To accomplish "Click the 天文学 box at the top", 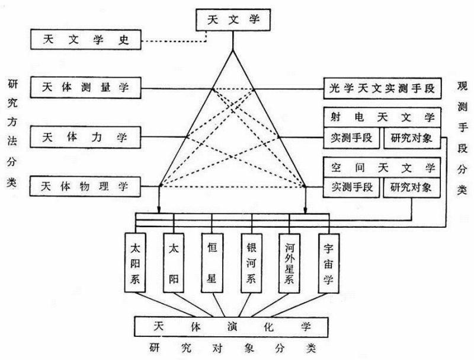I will pos(232,20).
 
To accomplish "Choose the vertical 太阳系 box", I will pos(136,262).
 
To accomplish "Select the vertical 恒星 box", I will pos(213,262).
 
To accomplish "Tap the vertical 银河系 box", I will pos(251,262).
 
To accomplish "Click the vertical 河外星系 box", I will pos(290,262).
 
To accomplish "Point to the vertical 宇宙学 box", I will pos(328,262).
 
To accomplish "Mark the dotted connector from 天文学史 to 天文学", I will pos(178,41).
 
